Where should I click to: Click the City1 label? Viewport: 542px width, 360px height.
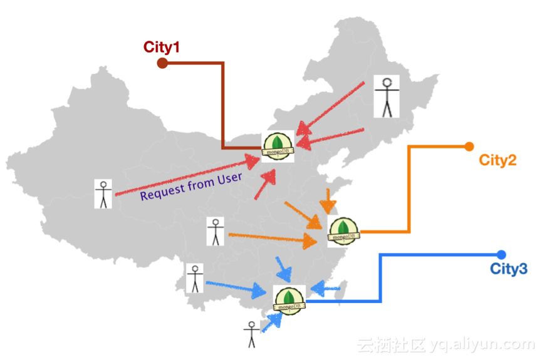(162, 46)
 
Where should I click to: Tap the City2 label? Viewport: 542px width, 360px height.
(498, 160)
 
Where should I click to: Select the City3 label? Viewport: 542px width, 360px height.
(508, 270)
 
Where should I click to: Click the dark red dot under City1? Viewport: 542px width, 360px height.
(162, 63)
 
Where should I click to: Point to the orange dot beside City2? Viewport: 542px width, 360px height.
(469, 147)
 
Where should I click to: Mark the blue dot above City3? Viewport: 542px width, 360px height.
(501, 254)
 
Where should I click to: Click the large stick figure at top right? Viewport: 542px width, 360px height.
(387, 96)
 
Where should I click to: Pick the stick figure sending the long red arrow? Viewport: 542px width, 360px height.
(103, 194)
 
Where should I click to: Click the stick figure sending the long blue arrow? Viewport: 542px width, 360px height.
(195, 279)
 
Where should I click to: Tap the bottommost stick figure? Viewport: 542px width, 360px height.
(251, 334)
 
